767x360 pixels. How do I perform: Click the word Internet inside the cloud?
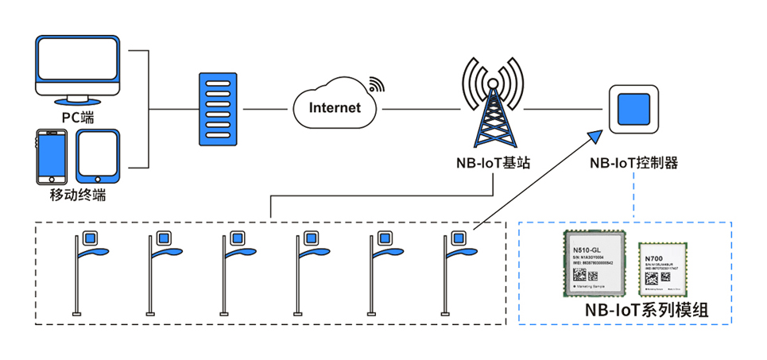[x=334, y=107]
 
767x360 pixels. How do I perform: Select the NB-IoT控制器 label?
[x=633, y=164]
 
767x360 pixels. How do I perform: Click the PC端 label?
[x=78, y=117]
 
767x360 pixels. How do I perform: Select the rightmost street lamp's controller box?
[x=458, y=238]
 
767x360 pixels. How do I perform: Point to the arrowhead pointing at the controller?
[x=596, y=137]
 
